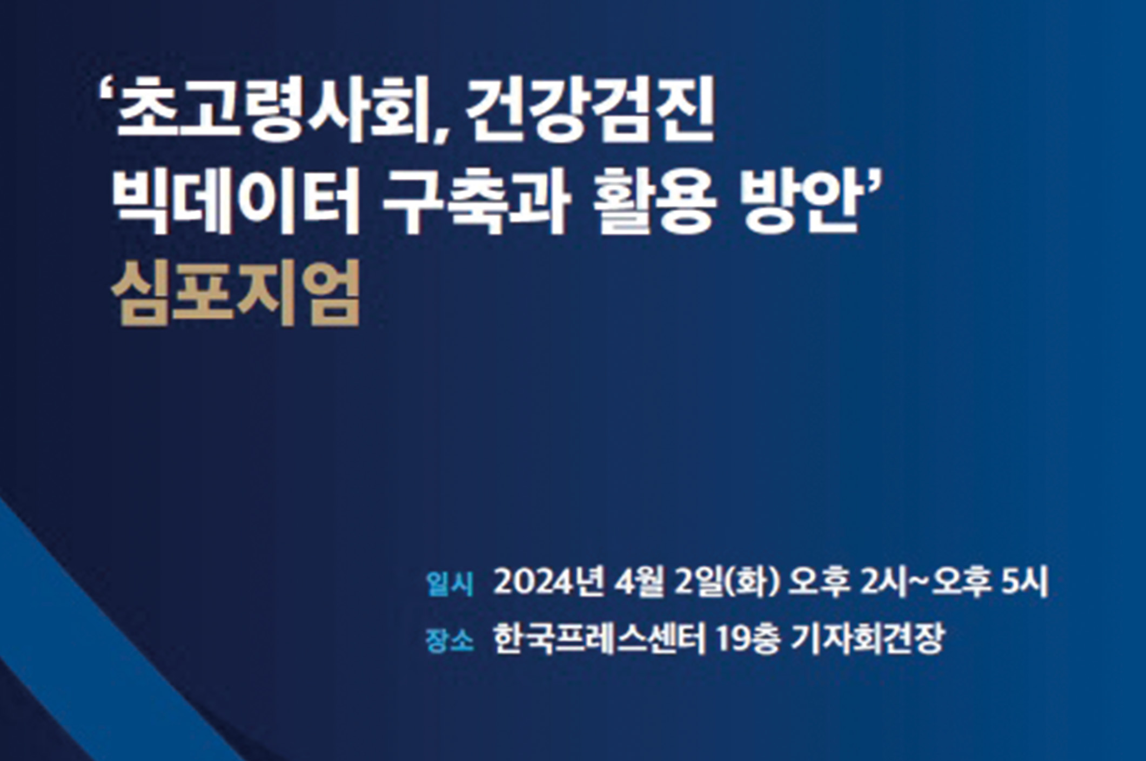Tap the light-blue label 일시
(x=450, y=584)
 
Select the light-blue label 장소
(x=450, y=641)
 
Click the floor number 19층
(x=748, y=640)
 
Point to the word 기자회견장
(x=867, y=640)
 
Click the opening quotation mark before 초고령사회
(x=106, y=92)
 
